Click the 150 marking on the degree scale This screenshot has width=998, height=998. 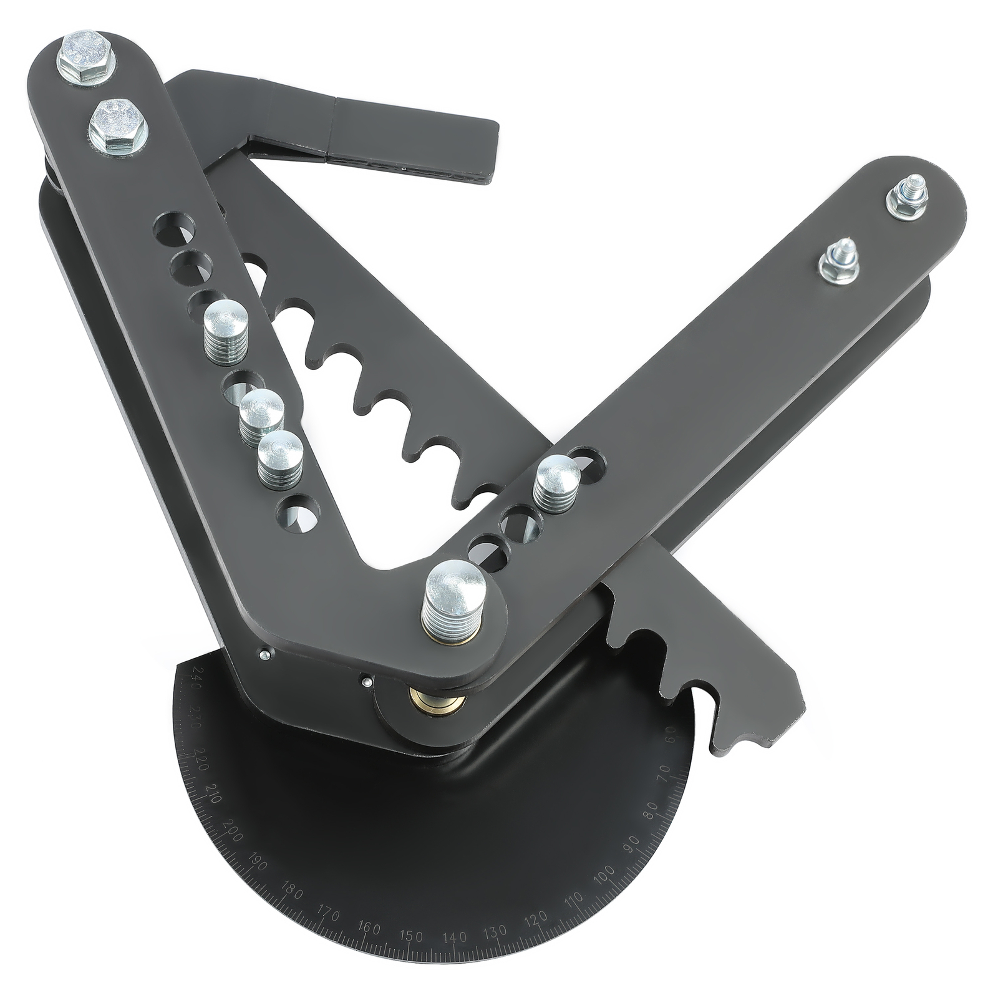(411, 954)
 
